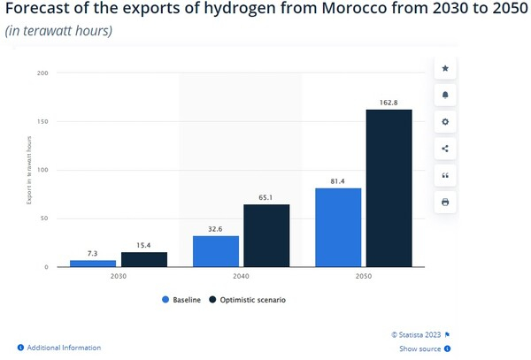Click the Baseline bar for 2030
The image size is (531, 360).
point(93,263)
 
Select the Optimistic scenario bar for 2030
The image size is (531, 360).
point(144,259)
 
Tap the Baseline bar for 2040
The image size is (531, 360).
point(215,250)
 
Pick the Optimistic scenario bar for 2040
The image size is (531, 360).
point(266,235)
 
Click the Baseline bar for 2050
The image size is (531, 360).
point(338,227)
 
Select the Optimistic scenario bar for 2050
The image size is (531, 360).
point(389,188)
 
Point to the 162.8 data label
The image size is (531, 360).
point(389,103)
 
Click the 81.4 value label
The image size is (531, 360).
point(338,181)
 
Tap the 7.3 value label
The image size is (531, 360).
point(93,254)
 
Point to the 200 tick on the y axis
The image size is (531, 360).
point(41,73)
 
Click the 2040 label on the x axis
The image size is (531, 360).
point(241,276)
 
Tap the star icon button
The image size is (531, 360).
point(445,68)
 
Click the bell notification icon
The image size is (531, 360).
point(445,95)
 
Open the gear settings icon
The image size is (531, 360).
point(445,121)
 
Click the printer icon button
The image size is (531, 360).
point(445,203)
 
